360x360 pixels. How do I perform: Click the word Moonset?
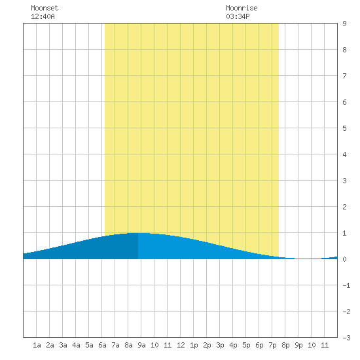tap(45, 8)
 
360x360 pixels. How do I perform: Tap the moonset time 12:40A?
tap(43, 16)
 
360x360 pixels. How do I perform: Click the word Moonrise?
tap(242, 8)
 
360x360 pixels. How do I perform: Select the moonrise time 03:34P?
tap(238, 16)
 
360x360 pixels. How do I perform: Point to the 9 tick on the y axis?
tap(344, 24)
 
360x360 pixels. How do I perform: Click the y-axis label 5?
tap(344, 128)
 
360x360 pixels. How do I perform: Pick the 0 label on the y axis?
tap(344, 259)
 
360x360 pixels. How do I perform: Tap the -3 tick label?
tap(346, 338)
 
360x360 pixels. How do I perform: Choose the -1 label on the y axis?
tap(346, 285)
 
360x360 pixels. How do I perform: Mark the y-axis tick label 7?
tap(344, 76)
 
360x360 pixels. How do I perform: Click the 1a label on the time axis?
tap(37, 345)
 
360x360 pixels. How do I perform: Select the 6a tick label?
tap(102, 345)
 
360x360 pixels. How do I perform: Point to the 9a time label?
tap(141, 345)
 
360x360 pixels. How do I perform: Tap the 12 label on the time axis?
tap(181, 345)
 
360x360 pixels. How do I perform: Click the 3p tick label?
tap(220, 345)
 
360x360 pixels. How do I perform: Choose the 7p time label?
tap(272, 345)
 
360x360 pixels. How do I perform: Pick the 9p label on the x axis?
tap(298, 345)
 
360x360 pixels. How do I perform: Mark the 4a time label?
tap(76, 345)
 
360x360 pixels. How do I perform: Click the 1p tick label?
tap(194, 345)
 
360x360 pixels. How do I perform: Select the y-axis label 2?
tap(344, 207)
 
